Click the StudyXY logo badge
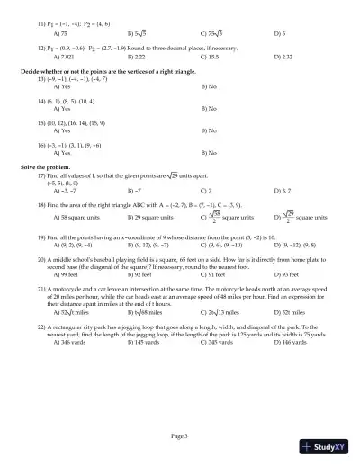[328, 445]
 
